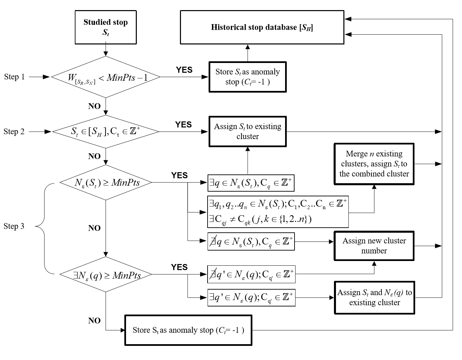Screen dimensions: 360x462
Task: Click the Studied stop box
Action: [105, 27]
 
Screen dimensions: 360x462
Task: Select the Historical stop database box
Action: [262, 27]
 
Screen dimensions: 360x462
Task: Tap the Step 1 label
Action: [14, 77]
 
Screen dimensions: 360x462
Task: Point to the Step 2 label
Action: [14, 131]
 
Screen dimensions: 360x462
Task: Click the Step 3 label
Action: [14, 226]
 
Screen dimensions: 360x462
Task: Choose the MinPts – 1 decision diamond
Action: [105, 77]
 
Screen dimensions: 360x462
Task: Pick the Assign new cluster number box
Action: [374, 246]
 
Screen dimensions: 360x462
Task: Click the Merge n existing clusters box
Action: [374, 164]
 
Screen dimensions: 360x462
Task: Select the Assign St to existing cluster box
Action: [248, 131]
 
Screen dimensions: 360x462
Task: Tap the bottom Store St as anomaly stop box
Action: [188, 330]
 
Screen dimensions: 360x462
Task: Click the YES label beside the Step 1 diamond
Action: [184, 70]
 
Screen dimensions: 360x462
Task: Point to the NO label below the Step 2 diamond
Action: [94, 156]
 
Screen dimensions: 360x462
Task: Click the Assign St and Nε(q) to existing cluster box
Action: [374, 298]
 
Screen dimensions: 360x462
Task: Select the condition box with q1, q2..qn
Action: [278, 211]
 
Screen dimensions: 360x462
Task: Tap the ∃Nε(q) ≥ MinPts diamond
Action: [106, 274]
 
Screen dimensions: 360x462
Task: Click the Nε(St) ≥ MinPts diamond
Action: [106, 183]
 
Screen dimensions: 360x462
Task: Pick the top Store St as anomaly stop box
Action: [248, 77]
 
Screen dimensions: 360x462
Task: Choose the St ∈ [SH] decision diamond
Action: [106, 131]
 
